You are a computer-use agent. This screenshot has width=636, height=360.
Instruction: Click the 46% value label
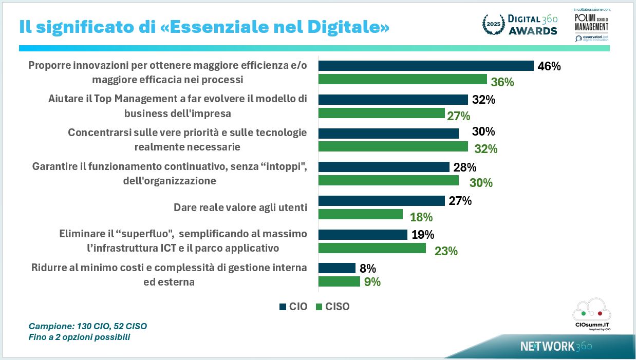click(549, 66)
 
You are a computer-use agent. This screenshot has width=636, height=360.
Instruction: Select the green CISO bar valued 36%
click(402, 79)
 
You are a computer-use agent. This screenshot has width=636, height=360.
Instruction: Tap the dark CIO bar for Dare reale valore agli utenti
click(381, 201)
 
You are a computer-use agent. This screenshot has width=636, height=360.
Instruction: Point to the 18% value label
click(421, 217)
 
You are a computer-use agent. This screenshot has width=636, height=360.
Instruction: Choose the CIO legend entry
click(293, 307)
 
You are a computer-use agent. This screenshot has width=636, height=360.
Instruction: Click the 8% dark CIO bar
click(336, 268)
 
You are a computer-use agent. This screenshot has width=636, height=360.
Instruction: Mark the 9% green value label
click(372, 281)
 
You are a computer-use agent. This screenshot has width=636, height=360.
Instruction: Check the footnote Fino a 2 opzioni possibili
click(79, 337)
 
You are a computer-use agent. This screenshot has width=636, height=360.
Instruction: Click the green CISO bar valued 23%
click(372, 249)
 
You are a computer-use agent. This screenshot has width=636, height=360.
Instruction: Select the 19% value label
click(422, 235)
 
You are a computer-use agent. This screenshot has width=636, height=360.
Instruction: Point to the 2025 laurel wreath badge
click(493, 25)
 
